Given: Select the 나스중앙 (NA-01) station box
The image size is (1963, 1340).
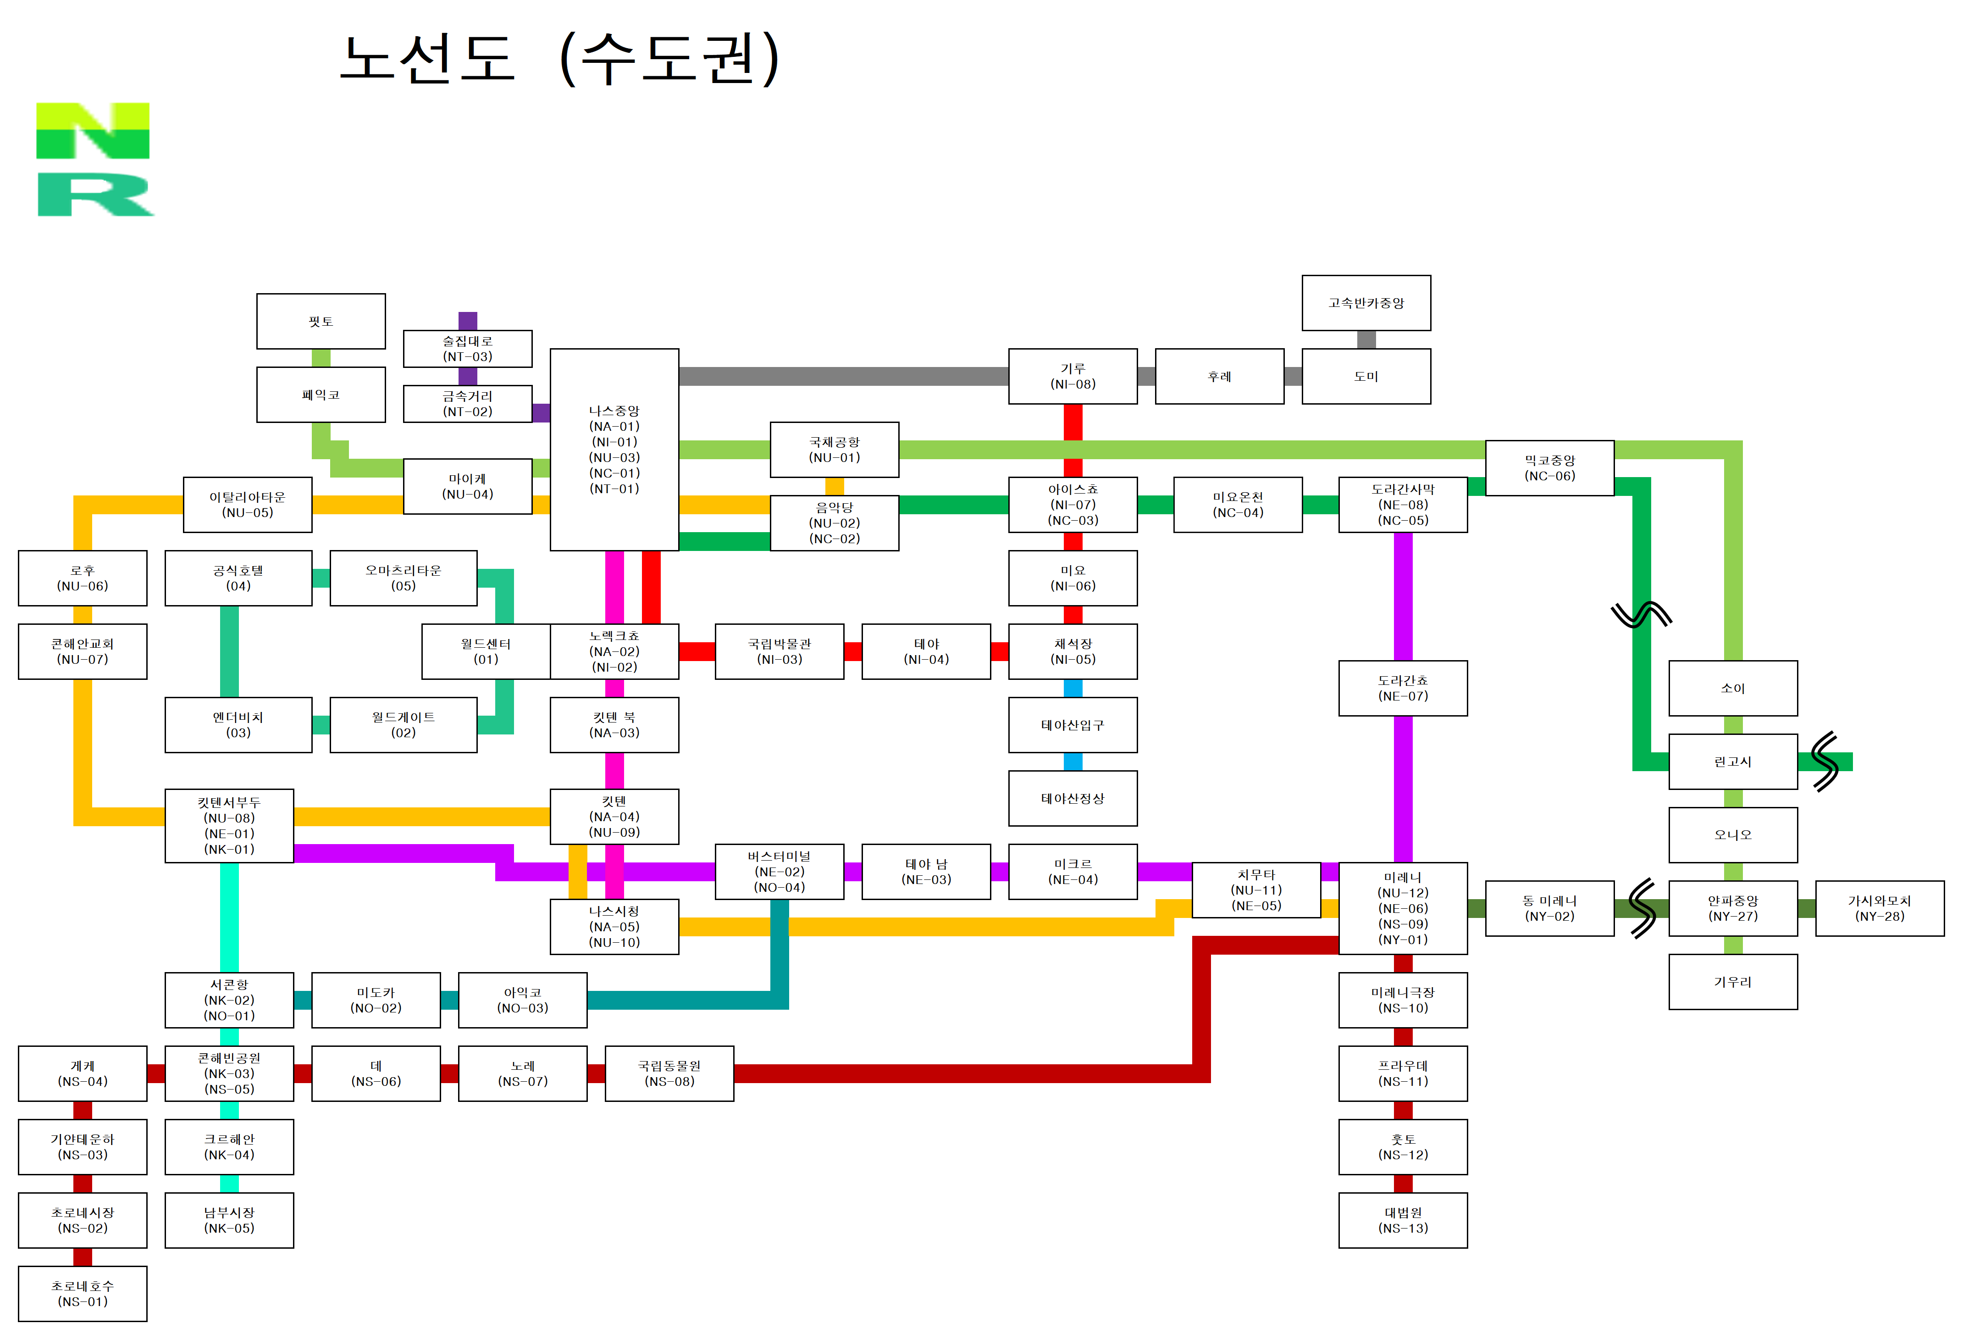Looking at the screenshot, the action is [x=614, y=450].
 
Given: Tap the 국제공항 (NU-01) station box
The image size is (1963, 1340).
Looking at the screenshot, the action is [x=835, y=450].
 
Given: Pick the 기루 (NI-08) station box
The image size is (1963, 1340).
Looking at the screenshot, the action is [x=1073, y=376].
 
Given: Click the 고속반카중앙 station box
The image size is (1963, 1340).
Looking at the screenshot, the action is [x=1366, y=302].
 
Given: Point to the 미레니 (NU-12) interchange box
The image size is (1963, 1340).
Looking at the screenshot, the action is [x=1403, y=908].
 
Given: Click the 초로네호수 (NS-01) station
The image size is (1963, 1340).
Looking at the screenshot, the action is [x=83, y=1294].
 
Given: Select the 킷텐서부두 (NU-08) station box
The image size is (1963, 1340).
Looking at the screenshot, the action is [x=229, y=825].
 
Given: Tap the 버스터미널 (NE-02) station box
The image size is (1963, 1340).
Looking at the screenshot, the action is [x=780, y=871].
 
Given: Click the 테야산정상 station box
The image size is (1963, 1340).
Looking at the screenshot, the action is [x=1073, y=798].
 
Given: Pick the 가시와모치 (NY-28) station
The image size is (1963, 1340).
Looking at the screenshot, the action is [x=1880, y=908].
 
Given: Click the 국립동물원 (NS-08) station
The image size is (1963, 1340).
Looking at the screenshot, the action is [x=669, y=1073].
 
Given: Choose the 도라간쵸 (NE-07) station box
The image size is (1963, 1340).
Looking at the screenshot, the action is [x=1403, y=688].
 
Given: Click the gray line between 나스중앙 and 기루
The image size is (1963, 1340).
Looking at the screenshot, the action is [x=844, y=376].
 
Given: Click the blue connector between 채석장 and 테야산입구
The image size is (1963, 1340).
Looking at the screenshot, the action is [x=1073, y=688].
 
